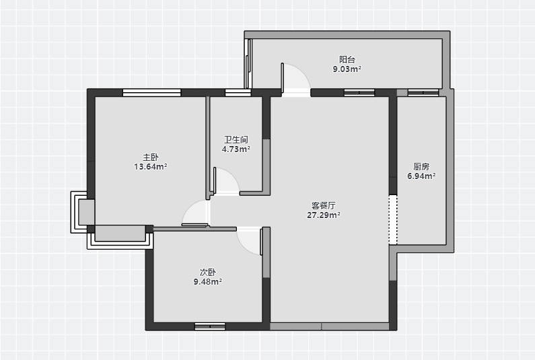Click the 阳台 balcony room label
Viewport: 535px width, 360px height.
[347, 59]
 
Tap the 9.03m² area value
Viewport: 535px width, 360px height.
[347, 69]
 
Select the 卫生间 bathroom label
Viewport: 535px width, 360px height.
[236, 139]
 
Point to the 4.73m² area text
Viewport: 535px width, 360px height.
[236, 149]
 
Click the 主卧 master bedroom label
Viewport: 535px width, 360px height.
[151, 157]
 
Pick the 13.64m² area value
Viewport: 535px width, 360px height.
[151, 167]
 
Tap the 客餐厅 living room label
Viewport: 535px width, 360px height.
[324, 205]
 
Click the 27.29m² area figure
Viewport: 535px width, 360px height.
[324, 215]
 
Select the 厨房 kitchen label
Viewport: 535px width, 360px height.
[421, 166]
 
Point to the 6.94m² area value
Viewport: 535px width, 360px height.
[421, 176]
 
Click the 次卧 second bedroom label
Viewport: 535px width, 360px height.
[208, 273]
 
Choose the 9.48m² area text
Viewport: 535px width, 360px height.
[208, 282]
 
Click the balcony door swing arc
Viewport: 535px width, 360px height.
[301, 71]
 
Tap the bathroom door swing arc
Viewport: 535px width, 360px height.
[231, 176]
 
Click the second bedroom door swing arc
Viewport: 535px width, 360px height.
[244, 247]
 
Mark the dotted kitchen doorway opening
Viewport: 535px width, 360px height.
[393, 219]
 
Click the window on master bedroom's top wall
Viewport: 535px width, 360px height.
[152, 92]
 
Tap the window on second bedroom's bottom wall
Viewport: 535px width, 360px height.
[210, 326]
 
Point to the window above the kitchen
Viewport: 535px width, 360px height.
[423, 92]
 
